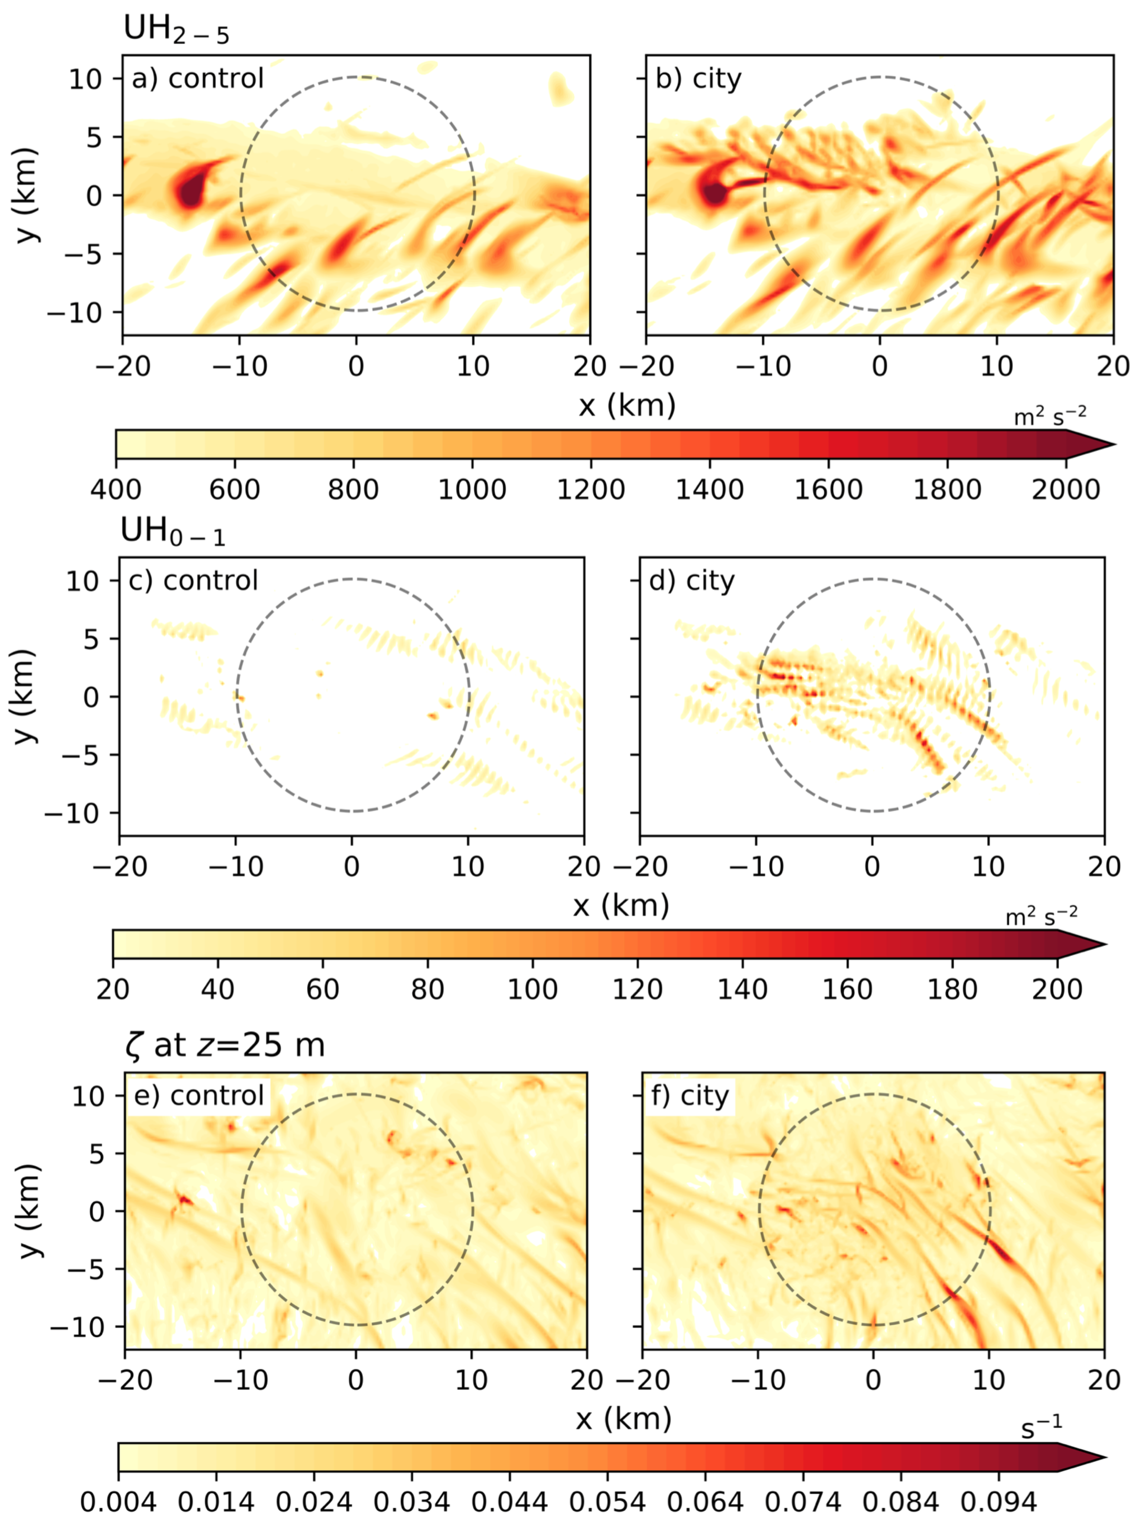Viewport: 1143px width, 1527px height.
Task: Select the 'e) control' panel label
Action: (199, 1095)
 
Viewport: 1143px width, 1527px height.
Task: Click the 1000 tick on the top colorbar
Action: (472, 489)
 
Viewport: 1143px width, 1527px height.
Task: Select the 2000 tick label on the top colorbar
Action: (1066, 489)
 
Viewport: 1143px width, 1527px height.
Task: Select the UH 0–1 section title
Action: (173, 532)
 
